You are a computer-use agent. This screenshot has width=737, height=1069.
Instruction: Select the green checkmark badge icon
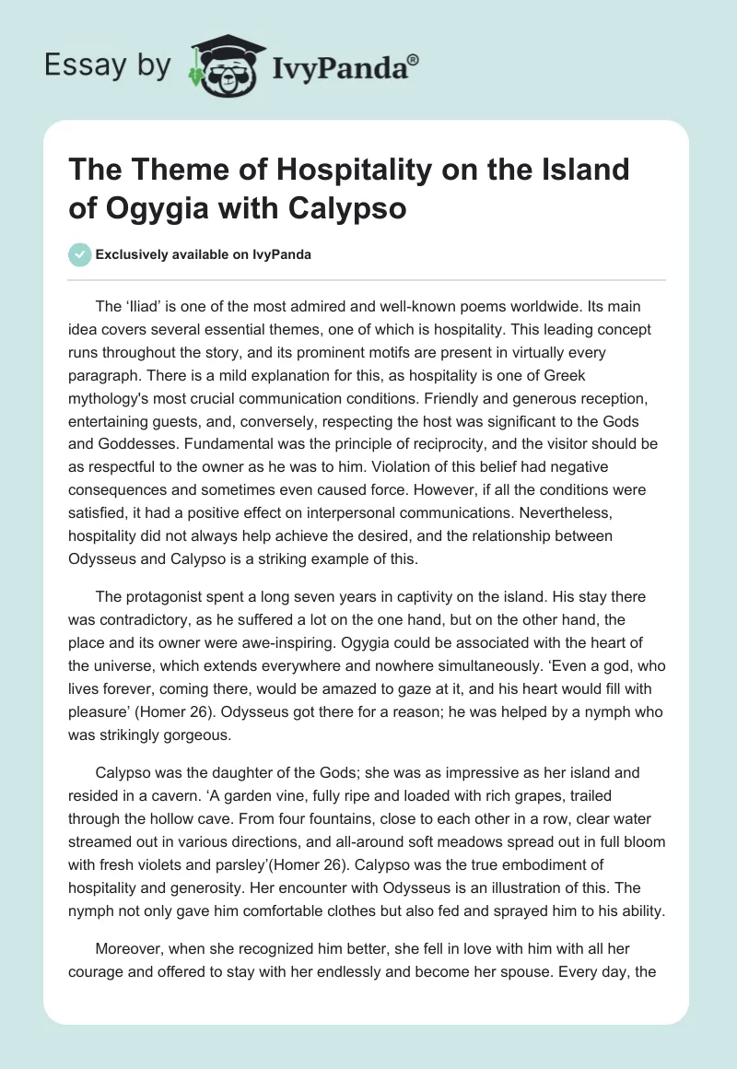point(80,254)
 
